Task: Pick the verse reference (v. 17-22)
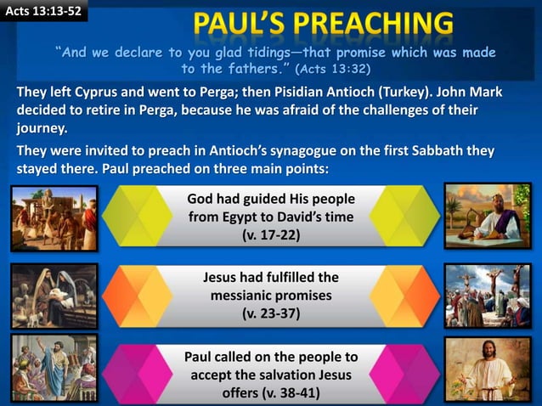click(271, 234)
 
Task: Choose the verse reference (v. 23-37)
click(271, 313)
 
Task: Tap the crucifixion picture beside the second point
click(487, 296)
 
